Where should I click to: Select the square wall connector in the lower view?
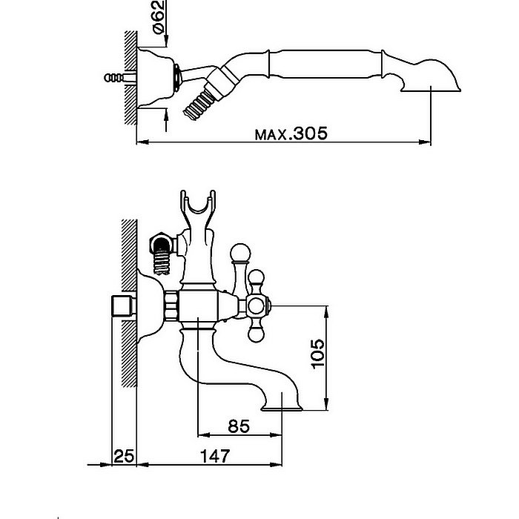(x=119, y=305)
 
